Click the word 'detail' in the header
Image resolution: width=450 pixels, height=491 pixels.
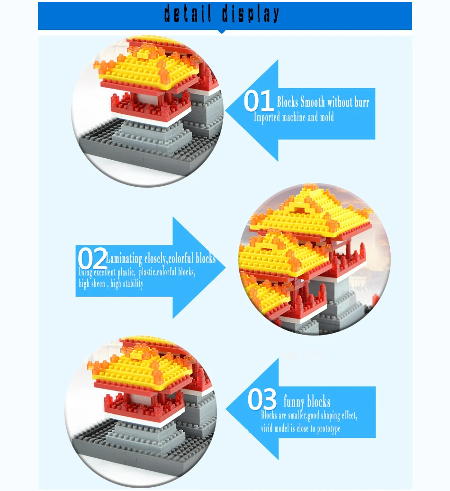188,14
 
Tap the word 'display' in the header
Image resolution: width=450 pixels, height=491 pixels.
251,14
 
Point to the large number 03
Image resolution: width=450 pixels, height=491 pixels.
262,399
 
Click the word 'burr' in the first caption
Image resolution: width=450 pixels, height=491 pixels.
361,102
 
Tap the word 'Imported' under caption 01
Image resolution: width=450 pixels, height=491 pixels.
267,118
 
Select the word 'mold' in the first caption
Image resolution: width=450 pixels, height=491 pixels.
327,117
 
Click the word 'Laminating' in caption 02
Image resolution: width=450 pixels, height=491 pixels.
124,259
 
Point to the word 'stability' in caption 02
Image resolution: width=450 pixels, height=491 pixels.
132,284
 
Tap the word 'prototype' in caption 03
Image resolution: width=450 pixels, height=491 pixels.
329,429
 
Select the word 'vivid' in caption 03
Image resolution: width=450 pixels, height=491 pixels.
267,428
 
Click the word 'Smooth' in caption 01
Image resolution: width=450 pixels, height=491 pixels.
312,102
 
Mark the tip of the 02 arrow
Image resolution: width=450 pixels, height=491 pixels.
225,267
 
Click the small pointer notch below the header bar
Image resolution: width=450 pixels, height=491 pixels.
222,31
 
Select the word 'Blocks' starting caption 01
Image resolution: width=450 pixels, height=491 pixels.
287,102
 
